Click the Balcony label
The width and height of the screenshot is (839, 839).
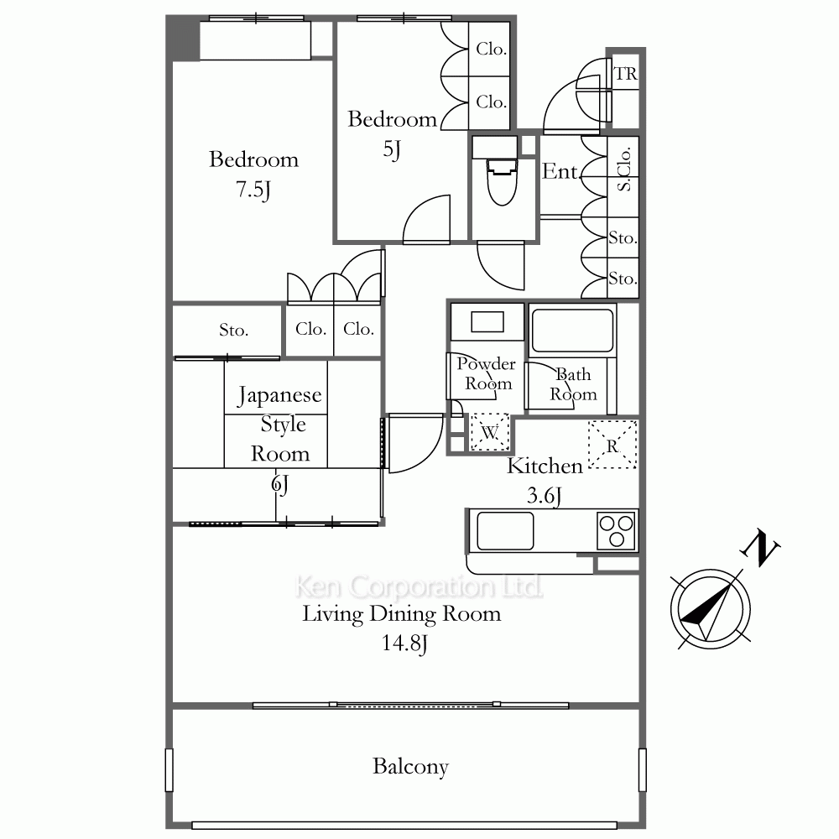tap(410, 766)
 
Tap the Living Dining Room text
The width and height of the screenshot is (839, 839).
tap(402, 614)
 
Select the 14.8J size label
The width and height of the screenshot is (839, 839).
tap(404, 644)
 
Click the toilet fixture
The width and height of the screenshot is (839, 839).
tap(503, 181)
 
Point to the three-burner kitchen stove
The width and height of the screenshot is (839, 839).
tap(617, 530)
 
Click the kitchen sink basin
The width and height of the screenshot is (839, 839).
tap(505, 531)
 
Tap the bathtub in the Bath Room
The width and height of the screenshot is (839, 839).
tap(572, 330)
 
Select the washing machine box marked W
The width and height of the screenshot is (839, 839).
tap(490, 431)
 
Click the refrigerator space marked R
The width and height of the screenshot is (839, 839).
tap(612, 445)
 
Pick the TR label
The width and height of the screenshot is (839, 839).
tap(626, 73)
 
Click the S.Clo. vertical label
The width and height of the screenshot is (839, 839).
tap(624, 169)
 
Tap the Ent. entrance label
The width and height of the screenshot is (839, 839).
tap(560, 171)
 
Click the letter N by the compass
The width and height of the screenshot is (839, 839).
tap(760, 547)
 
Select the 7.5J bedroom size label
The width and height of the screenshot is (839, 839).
tap(253, 190)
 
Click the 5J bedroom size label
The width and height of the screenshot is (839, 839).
tap(392, 149)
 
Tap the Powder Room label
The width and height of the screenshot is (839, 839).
tap(487, 373)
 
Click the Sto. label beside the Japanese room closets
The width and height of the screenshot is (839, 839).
tap(234, 330)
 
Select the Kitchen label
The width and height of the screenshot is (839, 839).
tap(545, 466)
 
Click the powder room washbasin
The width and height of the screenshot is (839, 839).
tap(487, 321)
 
